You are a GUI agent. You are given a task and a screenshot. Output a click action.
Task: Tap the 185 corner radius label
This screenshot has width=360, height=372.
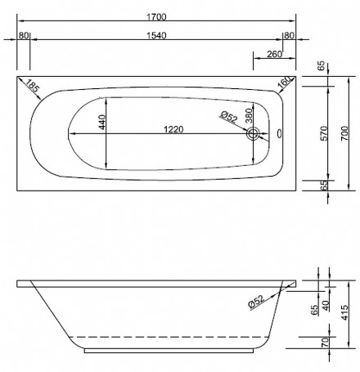(32, 87)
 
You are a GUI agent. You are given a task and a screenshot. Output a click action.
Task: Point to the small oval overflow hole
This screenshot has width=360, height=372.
(280, 134)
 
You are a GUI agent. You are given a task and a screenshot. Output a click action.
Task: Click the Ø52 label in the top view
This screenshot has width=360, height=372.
(228, 117)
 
